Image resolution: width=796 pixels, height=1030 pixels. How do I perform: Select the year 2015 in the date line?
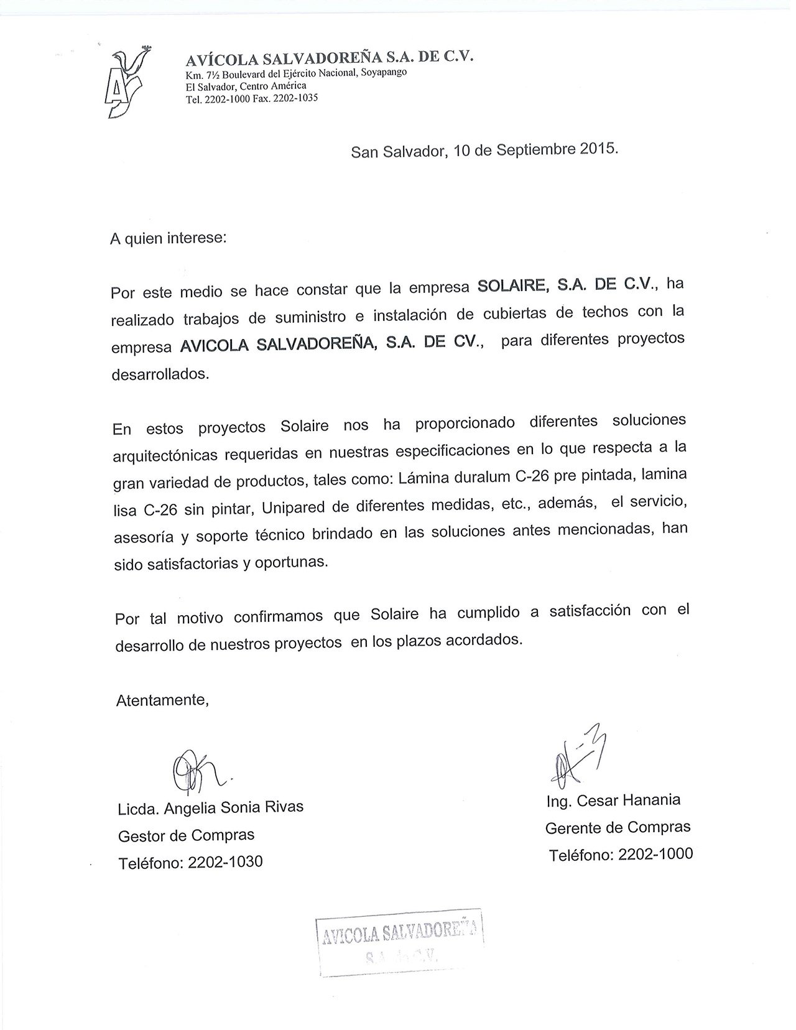[597, 149]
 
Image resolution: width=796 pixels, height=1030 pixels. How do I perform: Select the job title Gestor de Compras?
[186, 835]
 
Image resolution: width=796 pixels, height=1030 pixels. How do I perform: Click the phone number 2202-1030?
[224, 862]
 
